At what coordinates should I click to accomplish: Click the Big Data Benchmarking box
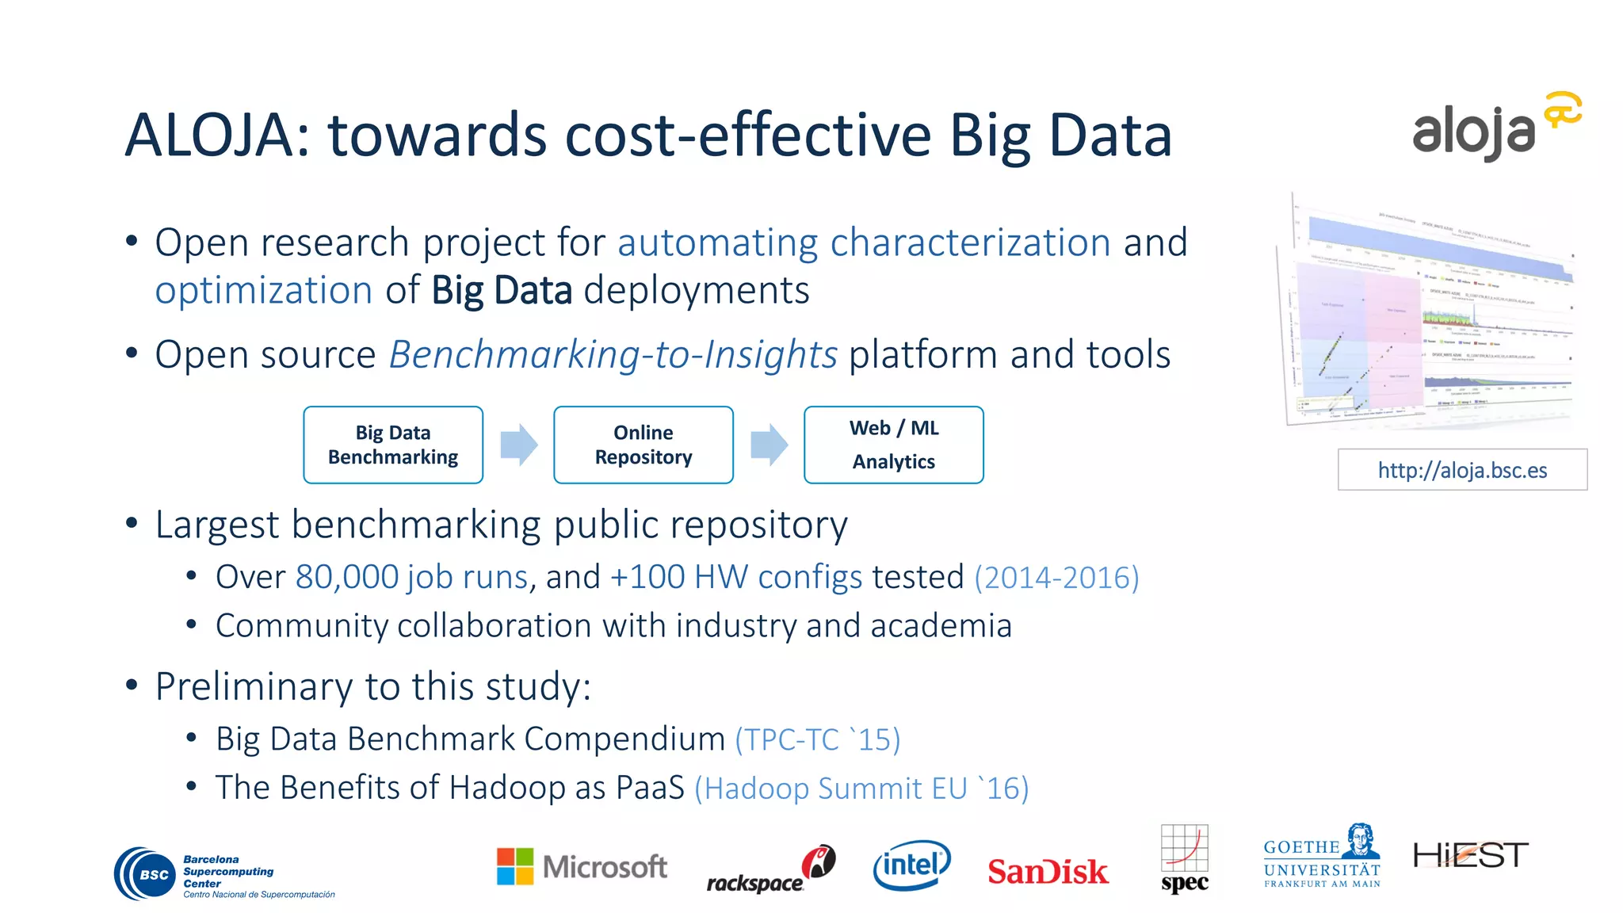(393, 445)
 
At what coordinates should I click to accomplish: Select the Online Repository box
(643, 445)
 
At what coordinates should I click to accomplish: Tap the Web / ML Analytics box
(893, 445)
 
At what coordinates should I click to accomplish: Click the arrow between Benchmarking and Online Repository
(519, 445)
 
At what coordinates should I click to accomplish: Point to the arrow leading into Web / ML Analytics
(769, 445)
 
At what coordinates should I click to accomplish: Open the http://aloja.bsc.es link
(1462, 470)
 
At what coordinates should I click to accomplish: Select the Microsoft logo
(582, 866)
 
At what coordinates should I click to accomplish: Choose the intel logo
(911, 865)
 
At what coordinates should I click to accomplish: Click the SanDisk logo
(1047, 871)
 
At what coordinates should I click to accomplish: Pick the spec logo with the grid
(1185, 859)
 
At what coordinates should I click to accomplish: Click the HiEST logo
(1471, 855)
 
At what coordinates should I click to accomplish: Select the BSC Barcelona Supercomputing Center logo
(224, 874)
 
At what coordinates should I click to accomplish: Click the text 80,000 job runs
(411, 577)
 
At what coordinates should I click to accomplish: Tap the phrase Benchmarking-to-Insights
(613, 354)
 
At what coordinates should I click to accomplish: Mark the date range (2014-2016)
(1056, 577)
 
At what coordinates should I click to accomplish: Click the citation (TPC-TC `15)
(817, 739)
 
